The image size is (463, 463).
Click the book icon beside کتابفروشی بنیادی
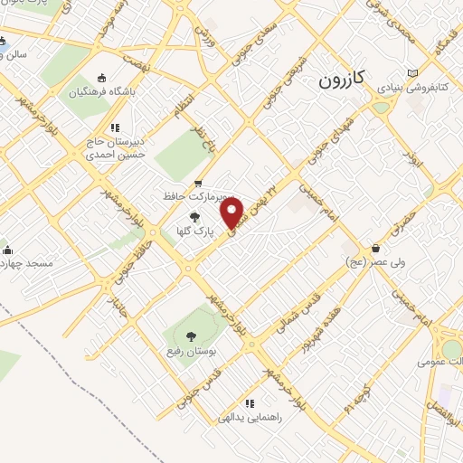point(413,72)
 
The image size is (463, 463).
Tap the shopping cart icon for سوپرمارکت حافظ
point(198,184)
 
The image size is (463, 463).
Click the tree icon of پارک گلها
point(195,216)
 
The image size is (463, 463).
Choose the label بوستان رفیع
point(189,350)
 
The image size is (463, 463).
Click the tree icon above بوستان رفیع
point(190,336)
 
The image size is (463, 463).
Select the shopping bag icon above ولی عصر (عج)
point(375,249)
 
